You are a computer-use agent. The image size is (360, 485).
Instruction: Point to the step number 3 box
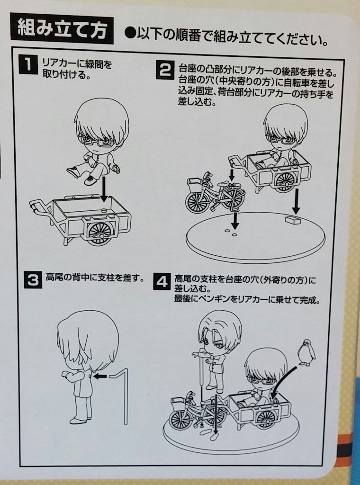32,280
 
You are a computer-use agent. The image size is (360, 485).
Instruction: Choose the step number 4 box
161,282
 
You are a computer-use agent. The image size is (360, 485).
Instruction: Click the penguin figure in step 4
306,352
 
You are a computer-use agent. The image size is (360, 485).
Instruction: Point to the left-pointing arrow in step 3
99,377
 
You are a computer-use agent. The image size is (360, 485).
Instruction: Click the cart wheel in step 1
99,232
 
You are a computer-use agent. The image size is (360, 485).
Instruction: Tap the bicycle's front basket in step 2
195,186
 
